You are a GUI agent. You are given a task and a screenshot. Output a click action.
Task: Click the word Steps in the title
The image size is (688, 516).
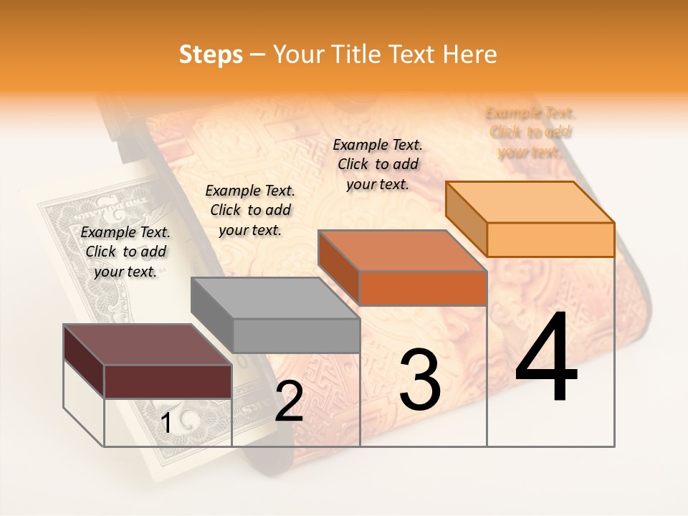pos(211,55)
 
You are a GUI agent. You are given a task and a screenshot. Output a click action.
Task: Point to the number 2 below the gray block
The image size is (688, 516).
pos(289,401)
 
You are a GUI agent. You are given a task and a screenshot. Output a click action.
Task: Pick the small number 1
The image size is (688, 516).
pos(166,424)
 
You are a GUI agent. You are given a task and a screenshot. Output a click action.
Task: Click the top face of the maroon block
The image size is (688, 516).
pos(147,345)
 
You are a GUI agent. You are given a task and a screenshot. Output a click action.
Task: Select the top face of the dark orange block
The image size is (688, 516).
pos(402,251)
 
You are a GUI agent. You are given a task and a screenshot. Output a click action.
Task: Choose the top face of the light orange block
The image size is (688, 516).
pos(530,202)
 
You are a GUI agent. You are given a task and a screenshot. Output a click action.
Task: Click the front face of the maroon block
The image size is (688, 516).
pos(168,381)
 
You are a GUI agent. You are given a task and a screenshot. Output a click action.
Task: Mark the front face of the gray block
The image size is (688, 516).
pos(296,335)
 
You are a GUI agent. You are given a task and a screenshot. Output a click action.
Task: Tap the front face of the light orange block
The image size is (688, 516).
pos(550,239)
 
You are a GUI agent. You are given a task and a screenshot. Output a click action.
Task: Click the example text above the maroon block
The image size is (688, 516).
pos(125,252)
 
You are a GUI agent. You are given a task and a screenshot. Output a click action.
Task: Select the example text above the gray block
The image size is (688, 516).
pos(250,210)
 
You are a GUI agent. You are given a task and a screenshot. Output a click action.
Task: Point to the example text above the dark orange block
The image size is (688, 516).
pos(378,164)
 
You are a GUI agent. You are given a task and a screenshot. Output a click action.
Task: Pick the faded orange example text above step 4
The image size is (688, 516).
pos(530,133)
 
